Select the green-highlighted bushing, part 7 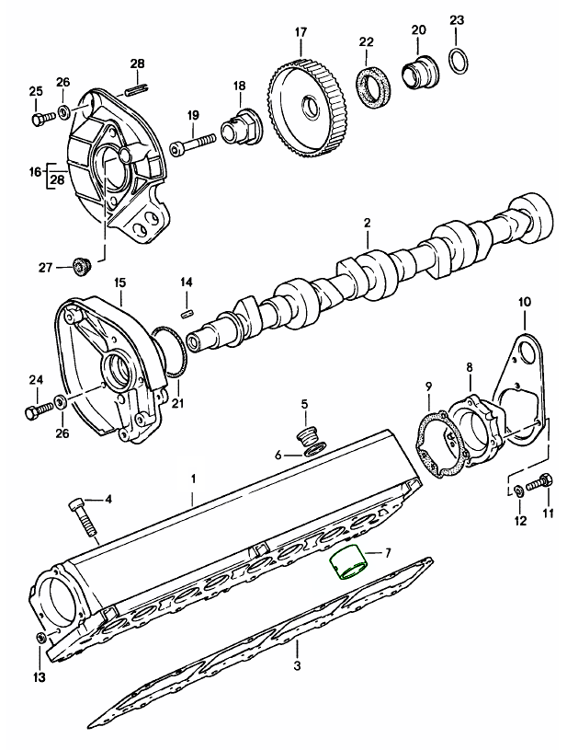pos(347,563)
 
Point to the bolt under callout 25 pos(38,118)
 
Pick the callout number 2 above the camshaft pos(366,224)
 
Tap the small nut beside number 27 pos(80,268)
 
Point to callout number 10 pos(524,301)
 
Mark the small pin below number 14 pos(186,312)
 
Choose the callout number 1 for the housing pos(194,479)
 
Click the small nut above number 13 pos(39,639)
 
